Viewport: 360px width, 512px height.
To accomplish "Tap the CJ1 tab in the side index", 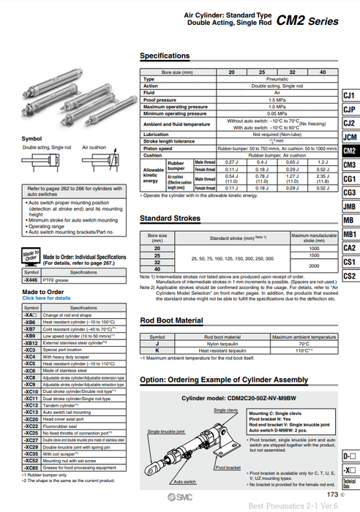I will coord(349,96).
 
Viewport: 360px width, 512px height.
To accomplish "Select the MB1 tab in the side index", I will coord(349,234).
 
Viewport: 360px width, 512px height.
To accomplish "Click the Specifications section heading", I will coord(165,56).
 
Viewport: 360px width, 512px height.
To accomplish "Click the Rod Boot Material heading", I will coord(170,320).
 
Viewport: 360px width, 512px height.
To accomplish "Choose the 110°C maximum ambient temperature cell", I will coord(303,350).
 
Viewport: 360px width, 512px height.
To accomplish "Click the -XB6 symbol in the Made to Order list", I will coord(31,322).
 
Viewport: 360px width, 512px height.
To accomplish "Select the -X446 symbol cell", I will coord(31,279).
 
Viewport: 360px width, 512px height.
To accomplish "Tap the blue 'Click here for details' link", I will coord(46,298).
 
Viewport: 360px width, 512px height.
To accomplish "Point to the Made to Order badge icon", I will coord(30,257).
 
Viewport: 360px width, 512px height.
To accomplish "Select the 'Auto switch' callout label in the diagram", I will coord(183,482).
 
